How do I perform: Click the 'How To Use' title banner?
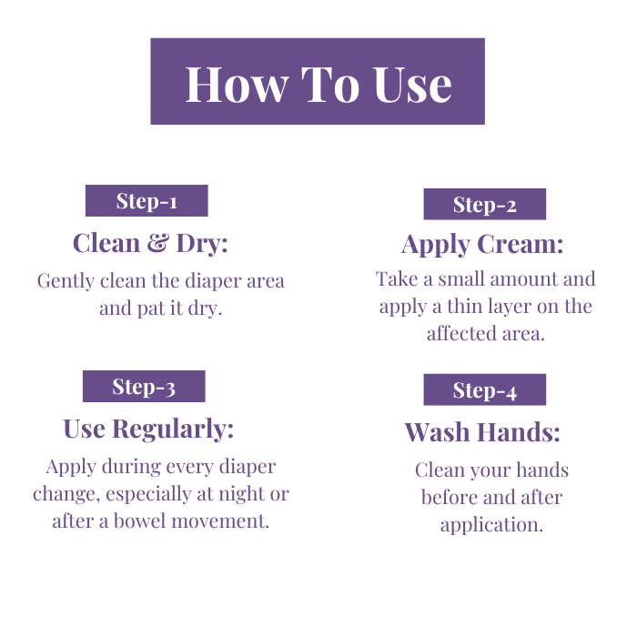pyautogui.click(x=318, y=81)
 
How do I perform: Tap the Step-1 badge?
pyautogui.click(x=147, y=201)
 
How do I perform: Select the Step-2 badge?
pyautogui.click(x=485, y=204)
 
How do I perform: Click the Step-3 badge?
pyautogui.click(x=144, y=387)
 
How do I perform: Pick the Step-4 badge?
pyautogui.click(x=485, y=389)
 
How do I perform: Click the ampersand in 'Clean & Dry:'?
pyautogui.click(x=157, y=243)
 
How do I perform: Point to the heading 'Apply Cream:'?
pyautogui.click(x=482, y=245)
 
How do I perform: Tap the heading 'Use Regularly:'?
pyautogui.click(x=148, y=430)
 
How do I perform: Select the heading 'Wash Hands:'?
pyautogui.click(x=482, y=432)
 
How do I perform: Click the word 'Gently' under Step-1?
pyautogui.click(x=66, y=281)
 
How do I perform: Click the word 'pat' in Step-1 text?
pyautogui.click(x=151, y=308)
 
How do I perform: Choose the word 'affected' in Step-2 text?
pyautogui.click(x=461, y=334)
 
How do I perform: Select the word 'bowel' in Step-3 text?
pyautogui.click(x=140, y=521)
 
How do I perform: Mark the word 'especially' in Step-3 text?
pyautogui.click(x=148, y=494)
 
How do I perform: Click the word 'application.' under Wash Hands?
pyautogui.click(x=491, y=525)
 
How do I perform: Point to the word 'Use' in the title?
pyautogui.click(x=412, y=85)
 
